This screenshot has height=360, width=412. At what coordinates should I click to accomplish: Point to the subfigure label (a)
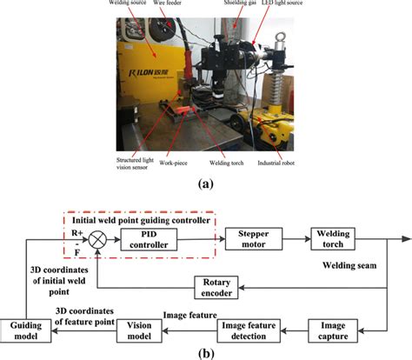click(x=206, y=184)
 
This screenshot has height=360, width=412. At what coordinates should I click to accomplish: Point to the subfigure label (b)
click(x=206, y=353)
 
